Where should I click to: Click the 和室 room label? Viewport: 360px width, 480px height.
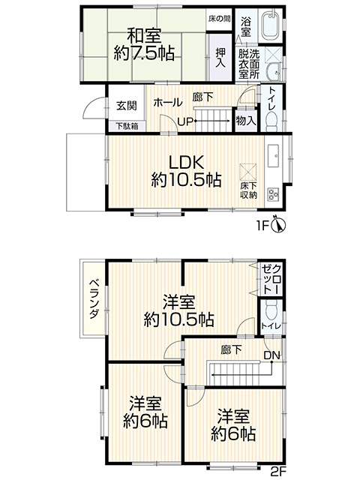[x=144, y=35]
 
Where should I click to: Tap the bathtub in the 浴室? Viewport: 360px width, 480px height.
[x=270, y=25]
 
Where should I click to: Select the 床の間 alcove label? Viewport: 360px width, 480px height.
[x=219, y=19]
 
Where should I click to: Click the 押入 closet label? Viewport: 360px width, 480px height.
[x=220, y=58]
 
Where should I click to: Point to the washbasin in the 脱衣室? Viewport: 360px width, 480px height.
[x=273, y=72]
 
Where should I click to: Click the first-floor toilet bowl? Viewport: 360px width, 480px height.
[x=272, y=120]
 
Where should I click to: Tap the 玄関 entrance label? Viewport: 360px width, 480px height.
[x=126, y=106]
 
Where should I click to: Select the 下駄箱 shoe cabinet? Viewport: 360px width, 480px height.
[x=127, y=126]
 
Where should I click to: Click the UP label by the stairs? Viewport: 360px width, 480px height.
[x=186, y=121]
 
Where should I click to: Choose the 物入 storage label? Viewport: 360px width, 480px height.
[x=246, y=121]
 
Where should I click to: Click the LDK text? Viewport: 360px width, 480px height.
[x=187, y=163]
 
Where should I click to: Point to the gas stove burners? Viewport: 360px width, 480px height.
[x=274, y=193]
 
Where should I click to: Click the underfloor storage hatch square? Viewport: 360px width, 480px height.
[x=248, y=172]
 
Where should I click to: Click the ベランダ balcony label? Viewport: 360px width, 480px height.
[x=94, y=299]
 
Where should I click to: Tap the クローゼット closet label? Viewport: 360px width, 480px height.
[x=271, y=280]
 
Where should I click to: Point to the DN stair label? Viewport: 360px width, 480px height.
[x=272, y=355]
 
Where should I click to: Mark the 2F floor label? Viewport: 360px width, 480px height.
[x=278, y=472]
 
